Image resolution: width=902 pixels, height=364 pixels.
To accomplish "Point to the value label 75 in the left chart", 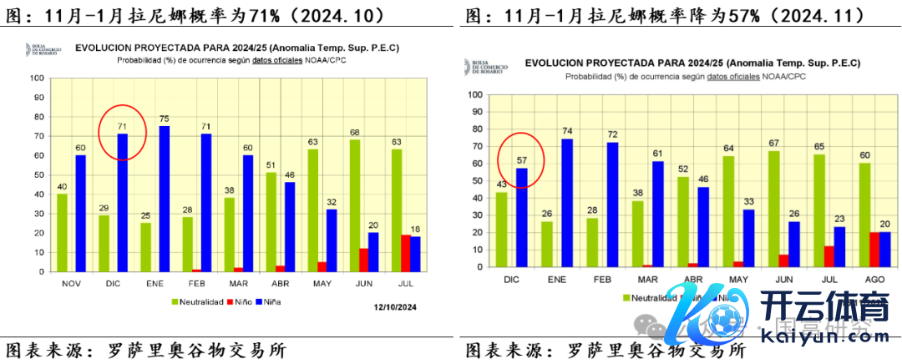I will [165, 119].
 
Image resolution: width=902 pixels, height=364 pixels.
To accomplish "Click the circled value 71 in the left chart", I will [122, 127].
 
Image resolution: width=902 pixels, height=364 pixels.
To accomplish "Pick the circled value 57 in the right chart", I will [522, 160].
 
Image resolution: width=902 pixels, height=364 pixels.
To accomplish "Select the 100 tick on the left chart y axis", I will [37, 78].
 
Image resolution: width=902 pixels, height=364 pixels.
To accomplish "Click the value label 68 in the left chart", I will [354, 132].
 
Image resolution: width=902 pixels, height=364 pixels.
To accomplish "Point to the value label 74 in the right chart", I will [568, 131].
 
